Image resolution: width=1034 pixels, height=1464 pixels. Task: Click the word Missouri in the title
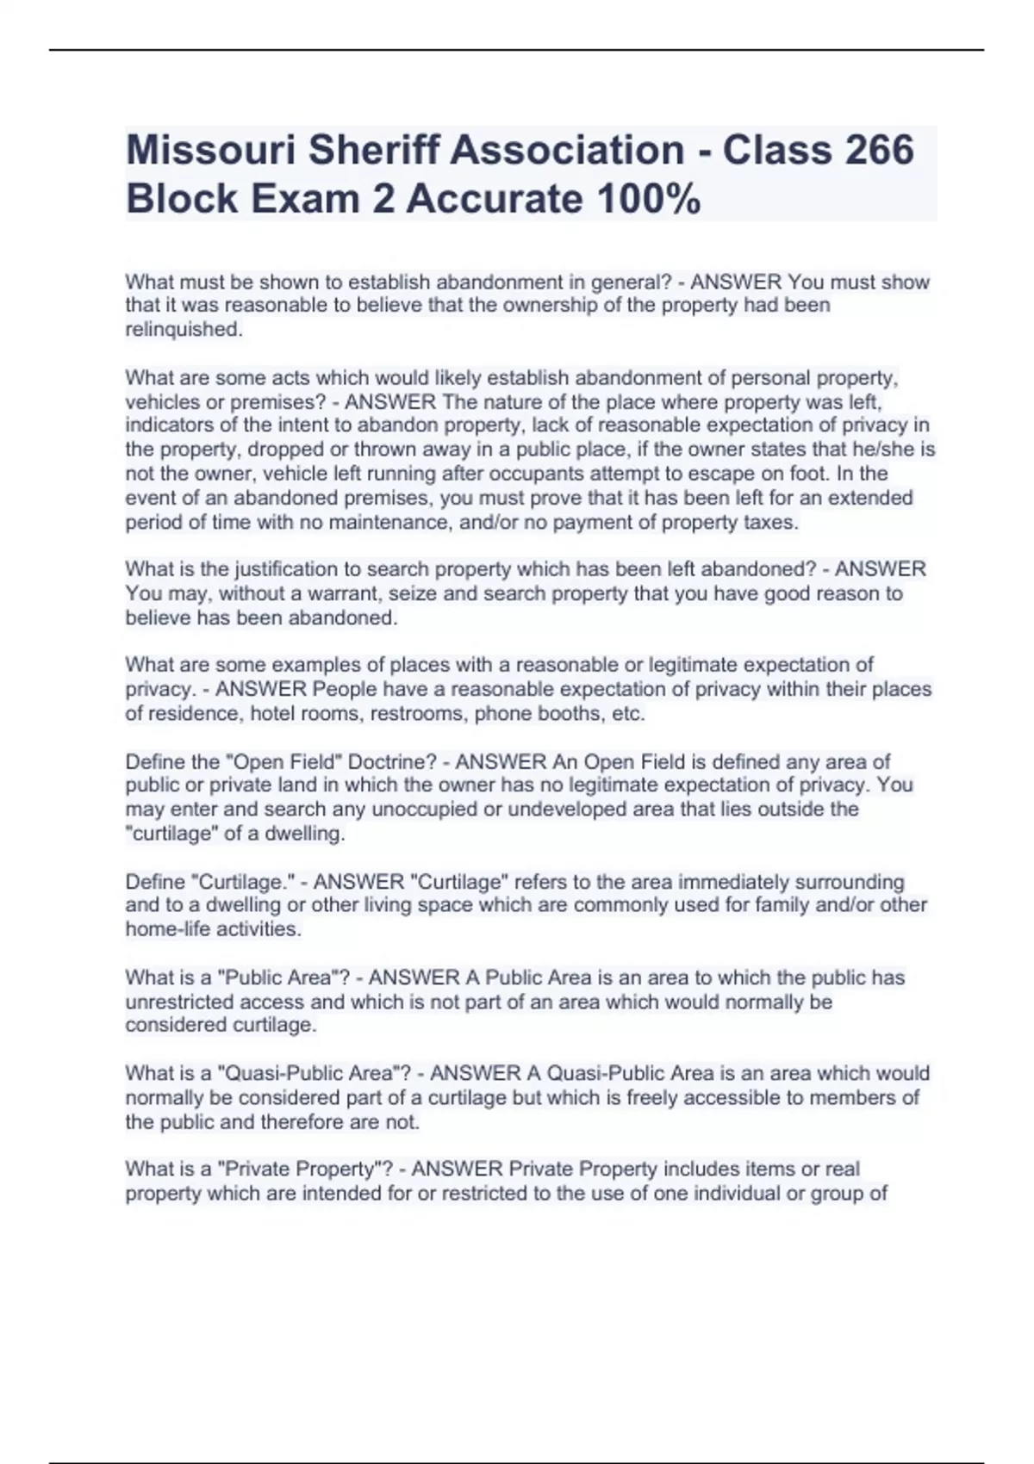[210, 150]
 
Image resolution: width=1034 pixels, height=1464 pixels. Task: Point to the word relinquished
[183, 330]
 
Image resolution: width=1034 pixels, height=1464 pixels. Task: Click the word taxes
[769, 523]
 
